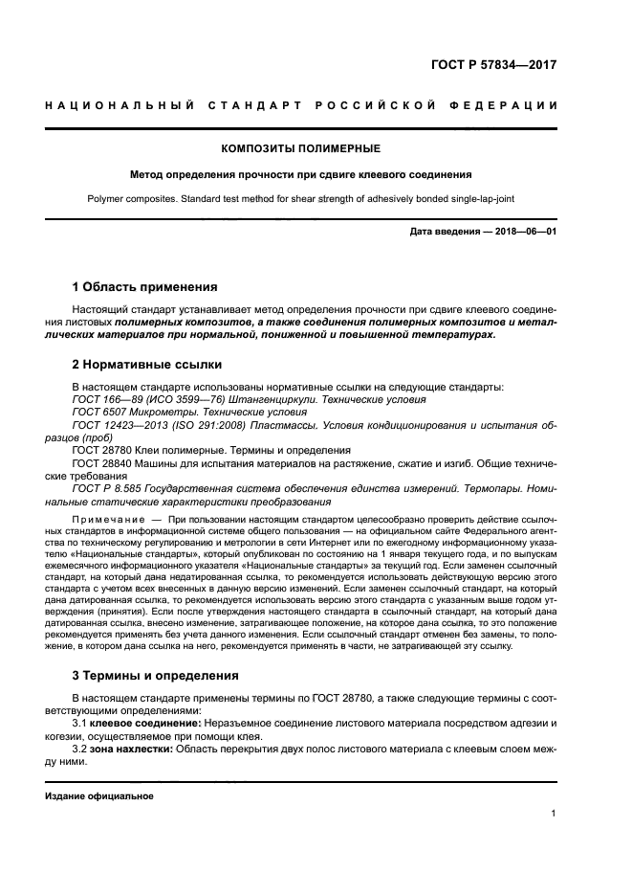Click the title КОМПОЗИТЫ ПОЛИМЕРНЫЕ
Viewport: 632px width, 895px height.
(x=300, y=148)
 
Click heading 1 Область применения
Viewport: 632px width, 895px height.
(x=145, y=287)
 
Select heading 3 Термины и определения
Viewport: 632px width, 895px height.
(x=156, y=675)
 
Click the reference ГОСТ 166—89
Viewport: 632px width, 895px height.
(x=104, y=399)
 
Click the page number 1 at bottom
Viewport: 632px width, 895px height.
(x=554, y=814)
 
